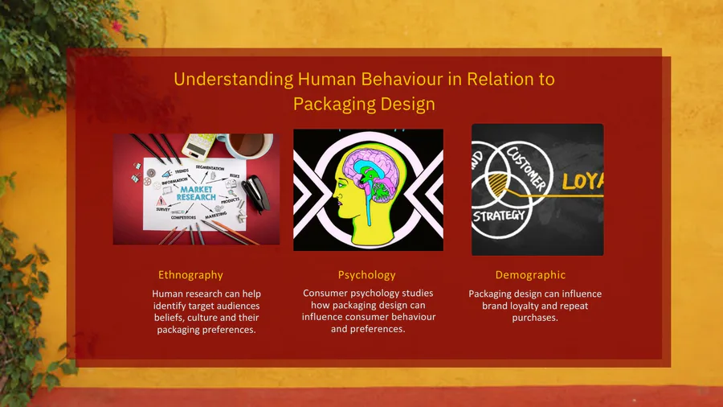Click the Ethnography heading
(190, 275)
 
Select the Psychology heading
(366, 275)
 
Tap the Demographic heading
(530, 275)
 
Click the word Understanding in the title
(233, 80)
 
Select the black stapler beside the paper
(256, 193)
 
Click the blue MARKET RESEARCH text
(197, 193)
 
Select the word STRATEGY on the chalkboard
(500, 216)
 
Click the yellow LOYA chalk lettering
(582, 181)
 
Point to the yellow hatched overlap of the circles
(497, 183)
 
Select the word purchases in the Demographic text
(534, 318)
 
